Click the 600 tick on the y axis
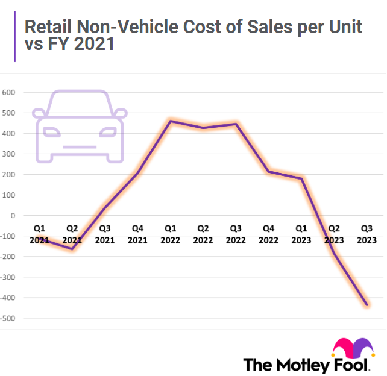tap(8, 92)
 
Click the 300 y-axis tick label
tap(8, 154)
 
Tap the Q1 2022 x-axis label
tap(171, 234)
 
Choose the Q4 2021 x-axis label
tap(137, 234)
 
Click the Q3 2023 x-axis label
tap(367, 234)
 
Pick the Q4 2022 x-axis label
tap(269, 234)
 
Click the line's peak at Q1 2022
tap(171, 121)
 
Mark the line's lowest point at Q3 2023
tap(367, 305)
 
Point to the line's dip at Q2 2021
tap(72, 249)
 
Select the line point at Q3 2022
tap(236, 124)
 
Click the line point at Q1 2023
tap(301, 178)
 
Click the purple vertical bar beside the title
tap(14, 37)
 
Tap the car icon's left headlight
tap(52, 131)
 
